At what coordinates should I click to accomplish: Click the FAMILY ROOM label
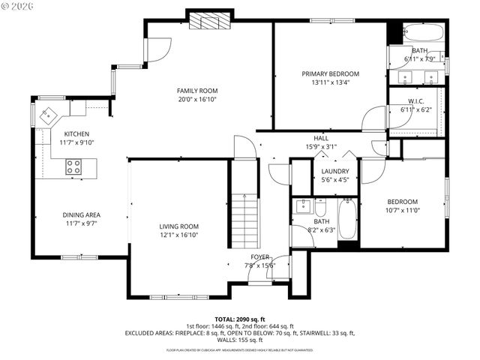click(197, 91)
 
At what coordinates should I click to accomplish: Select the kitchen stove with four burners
click(74, 166)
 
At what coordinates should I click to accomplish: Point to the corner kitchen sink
click(47, 116)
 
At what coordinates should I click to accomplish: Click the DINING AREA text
click(82, 214)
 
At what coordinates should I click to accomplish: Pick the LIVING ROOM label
click(178, 226)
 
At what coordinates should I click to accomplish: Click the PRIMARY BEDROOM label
click(330, 73)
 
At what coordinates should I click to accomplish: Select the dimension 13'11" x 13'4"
click(330, 82)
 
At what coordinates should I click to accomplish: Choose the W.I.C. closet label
click(416, 101)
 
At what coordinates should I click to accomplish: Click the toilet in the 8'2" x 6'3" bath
click(320, 207)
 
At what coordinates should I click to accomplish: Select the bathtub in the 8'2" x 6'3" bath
click(348, 218)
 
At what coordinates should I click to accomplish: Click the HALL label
click(321, 138)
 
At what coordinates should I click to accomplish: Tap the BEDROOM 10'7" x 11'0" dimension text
click(403, 210)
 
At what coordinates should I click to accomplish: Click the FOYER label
click(259, 257)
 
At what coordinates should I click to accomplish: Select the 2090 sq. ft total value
click(250, 319)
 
